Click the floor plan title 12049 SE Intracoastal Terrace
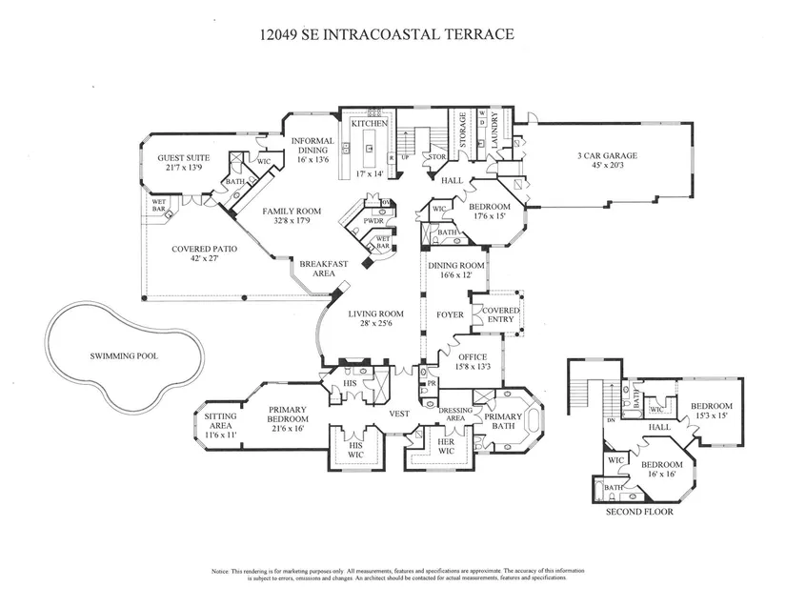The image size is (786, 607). [387, 34]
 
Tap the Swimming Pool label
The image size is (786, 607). [124, 356]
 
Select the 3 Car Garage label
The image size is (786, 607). [607, 155]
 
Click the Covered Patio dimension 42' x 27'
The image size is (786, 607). [204, 259]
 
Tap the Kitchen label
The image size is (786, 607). [369, 125]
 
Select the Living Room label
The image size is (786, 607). [375, 314]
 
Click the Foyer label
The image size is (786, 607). [449, 314]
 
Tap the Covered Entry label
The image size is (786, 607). [501, 314]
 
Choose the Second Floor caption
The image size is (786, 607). [639, 512]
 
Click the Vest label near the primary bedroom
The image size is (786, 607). [399, 414]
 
